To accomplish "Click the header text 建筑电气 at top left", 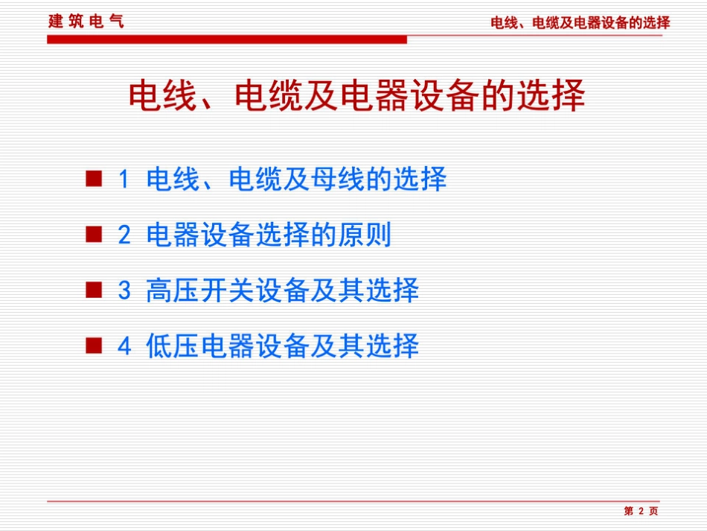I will pyautogui.click(x=86, y=21).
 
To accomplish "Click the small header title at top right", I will pyautogui.click(x=580, y=23).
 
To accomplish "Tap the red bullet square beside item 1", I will pyautogui.click(x=93, y=179).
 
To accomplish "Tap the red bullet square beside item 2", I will pyautogui.click(x=93, y=235).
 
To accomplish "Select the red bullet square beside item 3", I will pyautogui.click(x=93, y=290).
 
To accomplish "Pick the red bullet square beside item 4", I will pyautogui.click(x=93, y=346).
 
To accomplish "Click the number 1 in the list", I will pyautogui.click(x=124, y=179).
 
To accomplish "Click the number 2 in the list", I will pyautogui.click(x=124, y=236).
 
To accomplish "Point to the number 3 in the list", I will pyautogui.click(x=124, y=291).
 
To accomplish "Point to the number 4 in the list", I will pyautogui.click(x=124, y=346).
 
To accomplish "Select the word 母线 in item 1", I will pyautogui.click(x=336, y=179).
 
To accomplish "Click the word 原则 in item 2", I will pyautogui.click(x=364, y=236).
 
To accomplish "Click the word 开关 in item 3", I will pyautogui.click(x=228, y=291).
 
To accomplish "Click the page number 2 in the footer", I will pyautogui.click(x=640, y=511).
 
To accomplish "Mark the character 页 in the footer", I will pyautogui.click(x=653, y=511).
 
